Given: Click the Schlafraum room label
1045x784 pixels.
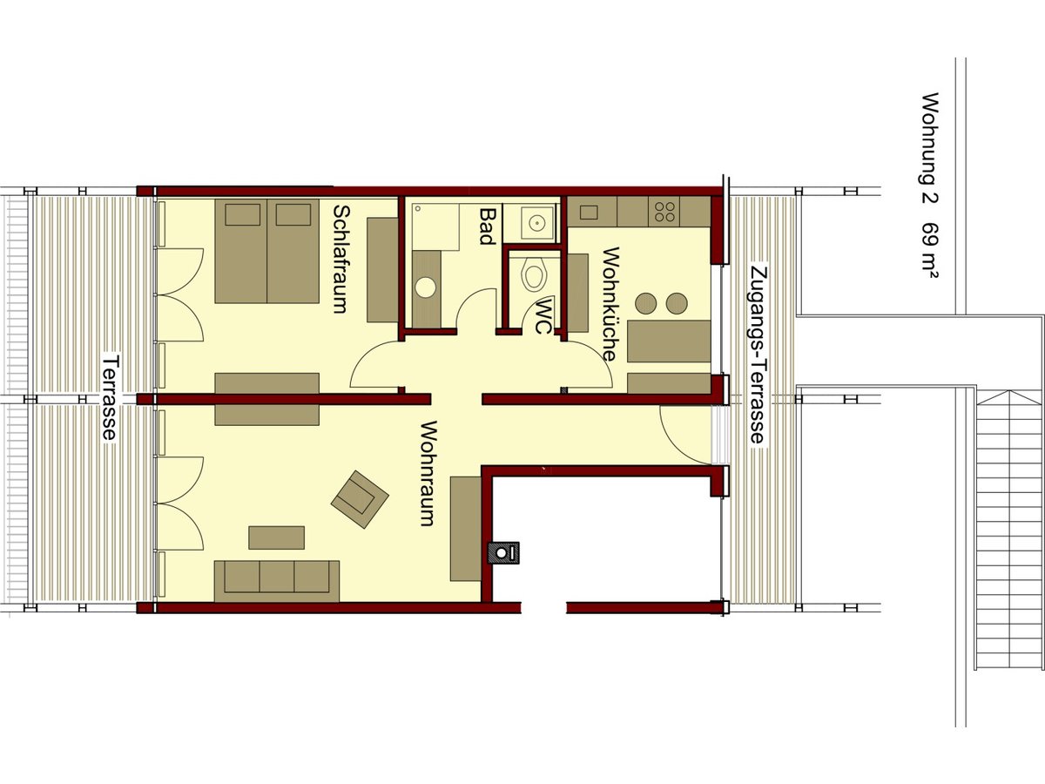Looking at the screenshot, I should [x=340, y=259].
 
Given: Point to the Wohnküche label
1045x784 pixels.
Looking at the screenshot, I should [x=610, y=305].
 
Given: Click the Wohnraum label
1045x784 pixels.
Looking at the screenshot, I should [x=427, y=474].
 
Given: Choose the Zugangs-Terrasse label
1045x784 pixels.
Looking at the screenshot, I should [x=758, y=355].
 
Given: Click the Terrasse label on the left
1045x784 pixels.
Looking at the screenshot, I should [x=110, y=396].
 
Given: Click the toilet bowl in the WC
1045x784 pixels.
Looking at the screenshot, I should [x=533, y=276].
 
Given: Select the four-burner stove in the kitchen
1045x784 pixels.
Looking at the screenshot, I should [x=666, y=210].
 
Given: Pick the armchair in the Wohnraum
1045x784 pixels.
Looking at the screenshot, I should [x=359, y=499].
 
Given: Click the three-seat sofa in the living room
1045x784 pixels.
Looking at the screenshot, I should [x=277, y=579].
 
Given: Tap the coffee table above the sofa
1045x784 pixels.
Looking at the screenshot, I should [x=276, y=537].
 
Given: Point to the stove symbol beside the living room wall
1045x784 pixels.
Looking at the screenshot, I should [x=503, y=551].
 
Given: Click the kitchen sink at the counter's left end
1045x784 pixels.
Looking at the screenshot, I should [x=588, y=211].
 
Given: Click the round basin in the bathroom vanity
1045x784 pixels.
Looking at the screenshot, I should [x=426, y=287].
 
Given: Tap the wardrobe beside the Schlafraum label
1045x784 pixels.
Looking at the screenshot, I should [x=382, y=270].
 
